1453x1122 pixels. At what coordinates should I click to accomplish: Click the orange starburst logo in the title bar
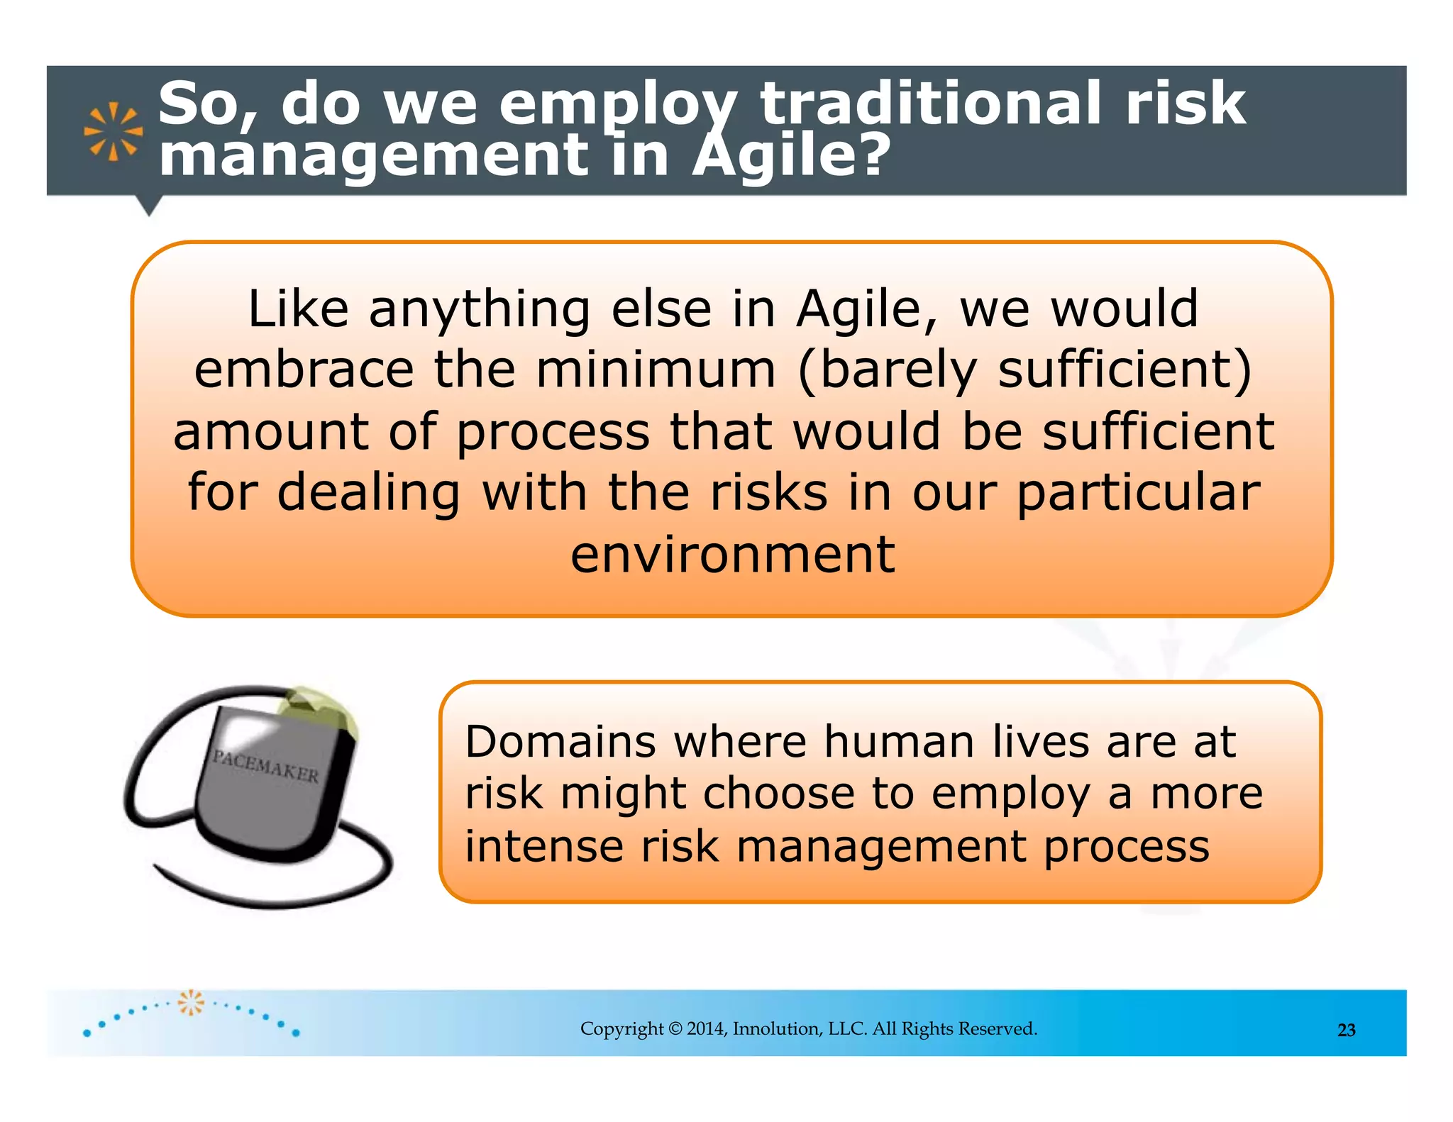(113, 131)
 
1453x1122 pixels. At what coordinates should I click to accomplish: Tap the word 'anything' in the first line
(479, 310)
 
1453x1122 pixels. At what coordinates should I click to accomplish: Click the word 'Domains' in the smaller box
(560, 743)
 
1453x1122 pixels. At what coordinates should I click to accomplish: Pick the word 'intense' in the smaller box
(543, 847)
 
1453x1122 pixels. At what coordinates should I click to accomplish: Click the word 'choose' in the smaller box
(778, 794)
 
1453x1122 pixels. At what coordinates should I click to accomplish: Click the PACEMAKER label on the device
(266, 767)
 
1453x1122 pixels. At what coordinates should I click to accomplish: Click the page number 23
(1346, 1031)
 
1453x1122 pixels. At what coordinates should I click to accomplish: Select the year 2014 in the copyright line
(706, 1029)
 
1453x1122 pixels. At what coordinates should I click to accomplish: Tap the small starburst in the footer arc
(190, 1002)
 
